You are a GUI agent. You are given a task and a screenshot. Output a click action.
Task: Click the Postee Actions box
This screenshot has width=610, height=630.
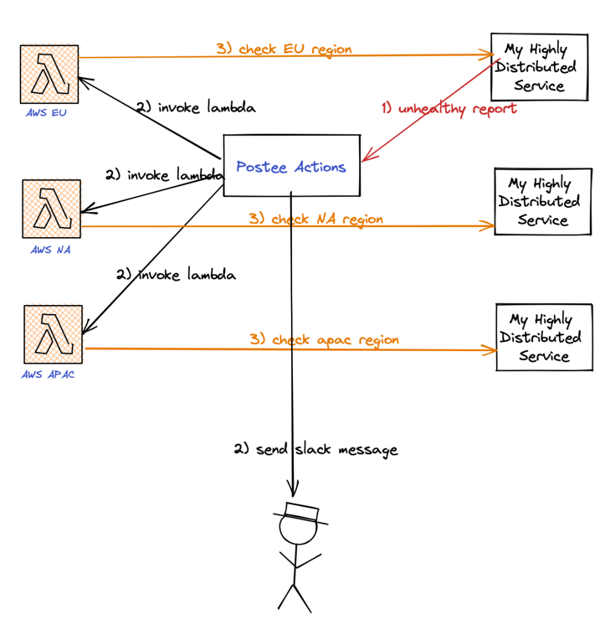291,166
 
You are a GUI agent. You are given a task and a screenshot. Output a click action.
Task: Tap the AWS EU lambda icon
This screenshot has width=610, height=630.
49,75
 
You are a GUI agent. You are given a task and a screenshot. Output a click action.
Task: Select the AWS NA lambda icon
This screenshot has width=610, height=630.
52,209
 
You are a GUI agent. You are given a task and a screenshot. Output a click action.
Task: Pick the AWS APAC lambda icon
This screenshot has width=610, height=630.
54,334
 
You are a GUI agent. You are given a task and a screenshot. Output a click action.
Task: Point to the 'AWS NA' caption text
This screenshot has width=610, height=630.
51,249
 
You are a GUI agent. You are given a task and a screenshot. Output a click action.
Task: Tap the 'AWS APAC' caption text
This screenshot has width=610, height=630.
49,374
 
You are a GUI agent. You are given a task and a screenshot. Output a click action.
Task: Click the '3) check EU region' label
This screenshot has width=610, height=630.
284,49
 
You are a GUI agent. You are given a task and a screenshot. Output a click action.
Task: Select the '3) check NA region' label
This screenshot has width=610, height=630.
315,219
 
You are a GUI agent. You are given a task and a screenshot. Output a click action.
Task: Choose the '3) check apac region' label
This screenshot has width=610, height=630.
324,340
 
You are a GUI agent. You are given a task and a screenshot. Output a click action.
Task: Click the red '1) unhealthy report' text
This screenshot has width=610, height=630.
449,108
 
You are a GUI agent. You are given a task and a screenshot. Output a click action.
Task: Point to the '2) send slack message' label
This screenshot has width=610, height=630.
315,450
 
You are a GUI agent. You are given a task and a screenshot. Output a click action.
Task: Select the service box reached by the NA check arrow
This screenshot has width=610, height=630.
543,201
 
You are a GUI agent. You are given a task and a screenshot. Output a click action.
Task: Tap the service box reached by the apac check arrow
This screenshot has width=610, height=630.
544,337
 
